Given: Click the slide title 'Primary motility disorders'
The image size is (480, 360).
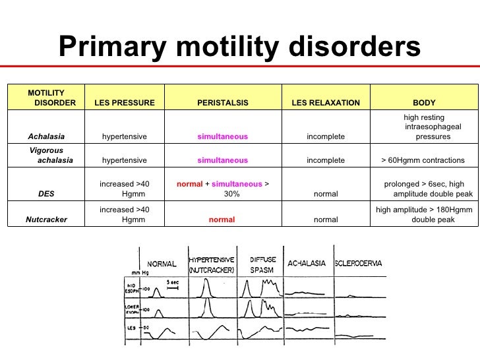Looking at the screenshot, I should point(239,47).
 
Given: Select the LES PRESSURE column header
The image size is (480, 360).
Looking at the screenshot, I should point(125,103).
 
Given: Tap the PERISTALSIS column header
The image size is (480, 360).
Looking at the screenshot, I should point(223,103).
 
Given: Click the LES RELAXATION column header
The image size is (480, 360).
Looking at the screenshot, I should point(326,103).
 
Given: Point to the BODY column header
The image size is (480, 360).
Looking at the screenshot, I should point(423,103).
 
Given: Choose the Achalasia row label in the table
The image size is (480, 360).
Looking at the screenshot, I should point(46,136).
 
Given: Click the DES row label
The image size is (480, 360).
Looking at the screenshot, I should point(46,194).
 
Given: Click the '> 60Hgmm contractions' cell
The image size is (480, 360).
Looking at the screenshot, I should point(423,160).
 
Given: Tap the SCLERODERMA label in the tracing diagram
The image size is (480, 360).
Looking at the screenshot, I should point(359,263).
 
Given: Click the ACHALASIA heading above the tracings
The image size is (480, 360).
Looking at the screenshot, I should point(307,264).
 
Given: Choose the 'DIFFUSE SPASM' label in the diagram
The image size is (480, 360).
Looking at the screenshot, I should point(263,265).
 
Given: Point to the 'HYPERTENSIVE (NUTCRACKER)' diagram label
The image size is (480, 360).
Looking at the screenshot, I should point(212,265).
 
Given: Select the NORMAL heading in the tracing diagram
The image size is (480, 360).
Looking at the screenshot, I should point(161,264).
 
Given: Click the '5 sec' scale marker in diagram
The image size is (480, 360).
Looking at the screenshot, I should point(173,282).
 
